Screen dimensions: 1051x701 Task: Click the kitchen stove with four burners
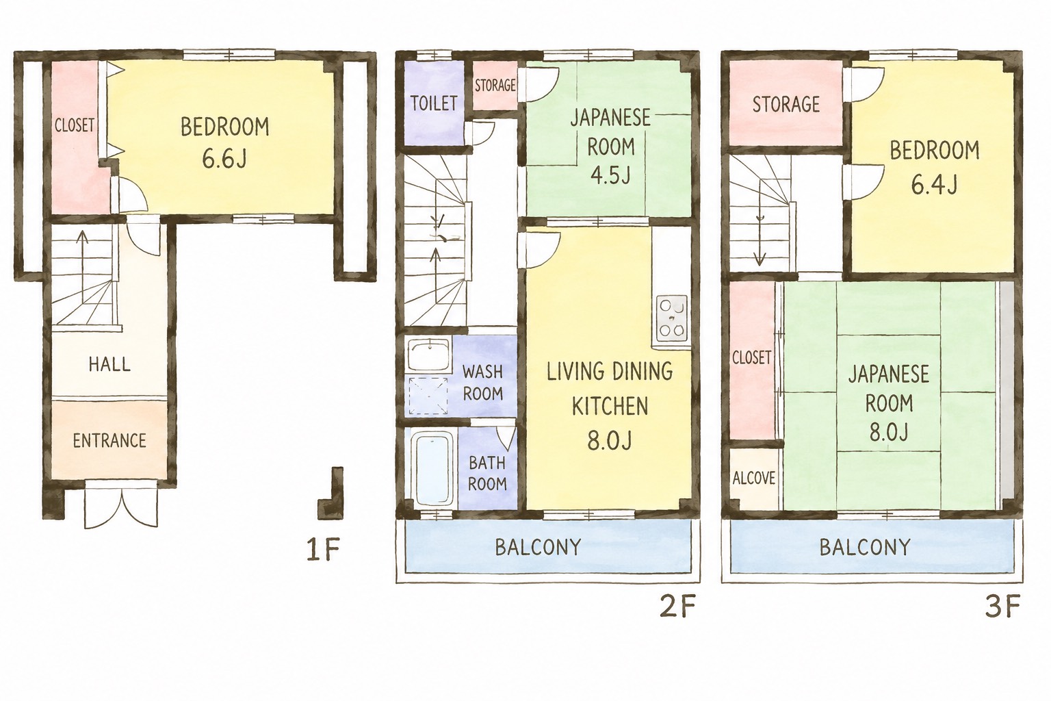point(673,319)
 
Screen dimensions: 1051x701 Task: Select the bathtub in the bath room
point(432,470)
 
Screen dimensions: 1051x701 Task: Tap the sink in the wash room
point(429,355)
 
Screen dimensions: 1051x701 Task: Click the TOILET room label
point(434,103)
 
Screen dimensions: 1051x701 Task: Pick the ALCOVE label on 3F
point(753,478)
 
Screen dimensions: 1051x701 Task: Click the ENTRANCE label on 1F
point(109,440)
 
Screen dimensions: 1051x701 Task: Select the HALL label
point(109,364)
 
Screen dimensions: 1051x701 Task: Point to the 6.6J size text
point(224,160)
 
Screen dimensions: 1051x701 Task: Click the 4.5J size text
point(610,176)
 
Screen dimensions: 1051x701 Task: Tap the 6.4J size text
point(934,185)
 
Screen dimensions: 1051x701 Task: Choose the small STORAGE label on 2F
point(495,85)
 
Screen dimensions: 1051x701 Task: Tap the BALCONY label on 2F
point(539,547)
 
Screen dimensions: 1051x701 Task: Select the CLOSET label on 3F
point(752,358)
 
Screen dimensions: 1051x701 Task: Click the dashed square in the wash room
point(428,396)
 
